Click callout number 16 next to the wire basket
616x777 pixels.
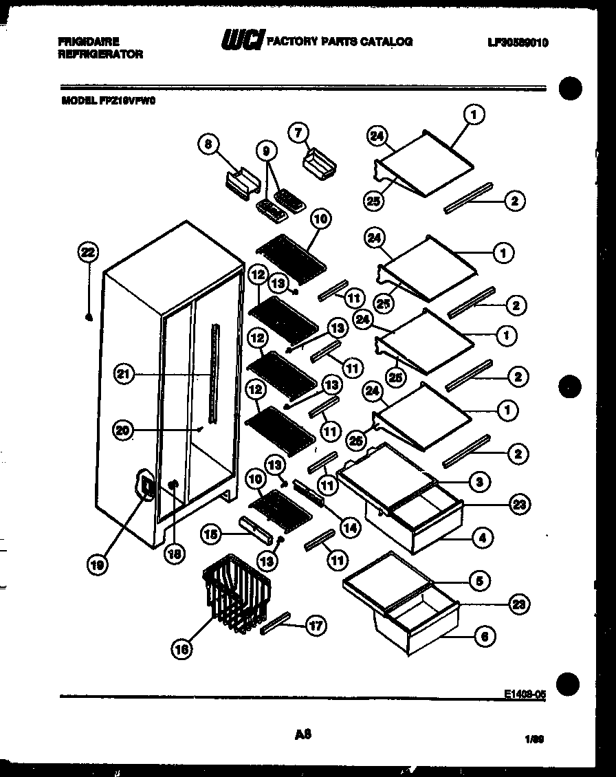181,648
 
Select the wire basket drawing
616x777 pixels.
237,593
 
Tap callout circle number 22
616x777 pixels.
88,252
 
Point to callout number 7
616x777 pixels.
298,133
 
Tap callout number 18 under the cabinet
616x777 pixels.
175,554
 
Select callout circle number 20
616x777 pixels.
123,430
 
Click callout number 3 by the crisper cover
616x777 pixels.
482,482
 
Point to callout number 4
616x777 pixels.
483,538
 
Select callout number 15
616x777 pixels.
212,533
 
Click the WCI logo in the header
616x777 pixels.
241,42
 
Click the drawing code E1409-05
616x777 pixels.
525,694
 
